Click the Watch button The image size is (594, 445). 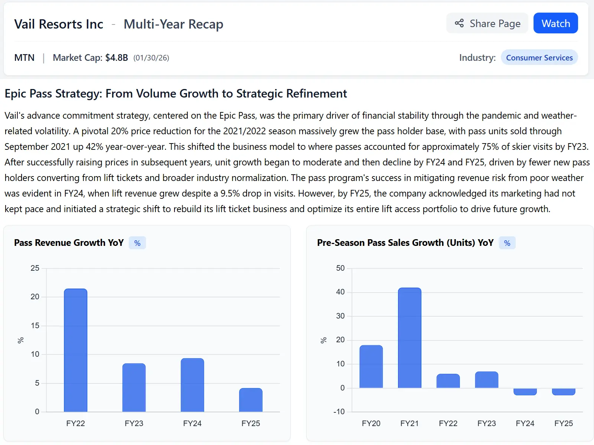pos(555,23)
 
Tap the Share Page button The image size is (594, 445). pos(487,23)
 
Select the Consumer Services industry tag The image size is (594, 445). pos(539,57)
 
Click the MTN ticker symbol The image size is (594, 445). pos(25,57)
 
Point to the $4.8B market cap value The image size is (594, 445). pos(117,57)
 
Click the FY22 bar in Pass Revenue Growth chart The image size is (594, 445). pos(76,350)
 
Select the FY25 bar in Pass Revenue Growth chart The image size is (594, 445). pos(251,400)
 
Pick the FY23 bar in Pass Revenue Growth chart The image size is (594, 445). pos(134,388)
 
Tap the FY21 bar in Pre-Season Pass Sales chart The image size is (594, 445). pos(409,338)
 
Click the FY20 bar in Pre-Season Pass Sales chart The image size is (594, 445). pos(371,366)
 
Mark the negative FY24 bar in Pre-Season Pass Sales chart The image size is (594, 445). pos(525,392)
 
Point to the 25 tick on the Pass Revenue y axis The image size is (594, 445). pos(35,268)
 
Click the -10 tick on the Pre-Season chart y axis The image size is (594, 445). pos(339,412)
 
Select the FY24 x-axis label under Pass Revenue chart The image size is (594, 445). pos(192,423)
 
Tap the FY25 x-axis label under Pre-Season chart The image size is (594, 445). pos(564,423)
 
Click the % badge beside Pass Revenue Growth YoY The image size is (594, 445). pos(137,243)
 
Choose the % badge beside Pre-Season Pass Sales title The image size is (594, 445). pos(507,243)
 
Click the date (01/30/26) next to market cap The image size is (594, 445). pos(151,58)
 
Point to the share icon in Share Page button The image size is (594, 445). pos(459,23)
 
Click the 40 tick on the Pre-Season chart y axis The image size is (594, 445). pos(340,292)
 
